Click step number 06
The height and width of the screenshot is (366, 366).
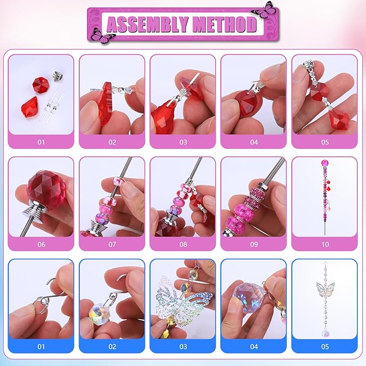point(41,244)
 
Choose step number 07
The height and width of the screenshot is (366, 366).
point(112,244)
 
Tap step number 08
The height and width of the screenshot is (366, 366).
point(183,244)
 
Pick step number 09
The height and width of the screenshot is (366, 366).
point(253,244)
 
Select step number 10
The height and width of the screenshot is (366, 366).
point(324,244)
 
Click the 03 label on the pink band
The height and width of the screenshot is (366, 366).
point(183,142)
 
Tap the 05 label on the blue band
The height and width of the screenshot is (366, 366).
point(324,347)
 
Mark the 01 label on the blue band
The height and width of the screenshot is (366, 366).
point(41,347)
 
